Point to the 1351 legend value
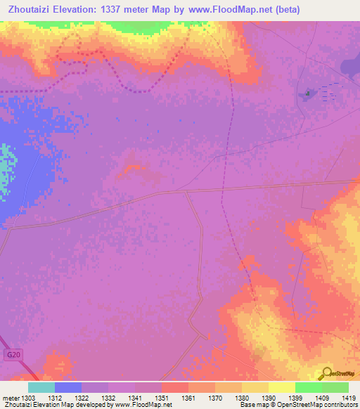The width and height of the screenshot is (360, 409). coord(162,397)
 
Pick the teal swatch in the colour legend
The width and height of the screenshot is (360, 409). coord(41,387)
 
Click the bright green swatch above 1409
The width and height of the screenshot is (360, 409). coord(309,387)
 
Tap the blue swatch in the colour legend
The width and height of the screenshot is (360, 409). coord(68,387)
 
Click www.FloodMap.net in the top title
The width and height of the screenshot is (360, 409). coord(237,10)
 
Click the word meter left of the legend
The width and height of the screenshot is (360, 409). coord(11,397)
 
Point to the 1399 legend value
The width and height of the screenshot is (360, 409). coord(295,397)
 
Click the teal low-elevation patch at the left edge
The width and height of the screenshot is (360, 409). coord(7,169)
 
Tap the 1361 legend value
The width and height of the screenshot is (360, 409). coord(188,397)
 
